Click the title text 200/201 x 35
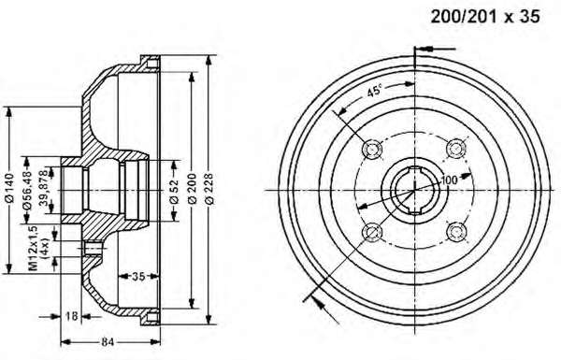(485, 17)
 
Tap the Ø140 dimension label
(9, 188)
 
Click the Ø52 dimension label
(174, 191)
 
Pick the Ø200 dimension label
(193, 189)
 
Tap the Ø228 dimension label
(209, 189)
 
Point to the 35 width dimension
(138, 276)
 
